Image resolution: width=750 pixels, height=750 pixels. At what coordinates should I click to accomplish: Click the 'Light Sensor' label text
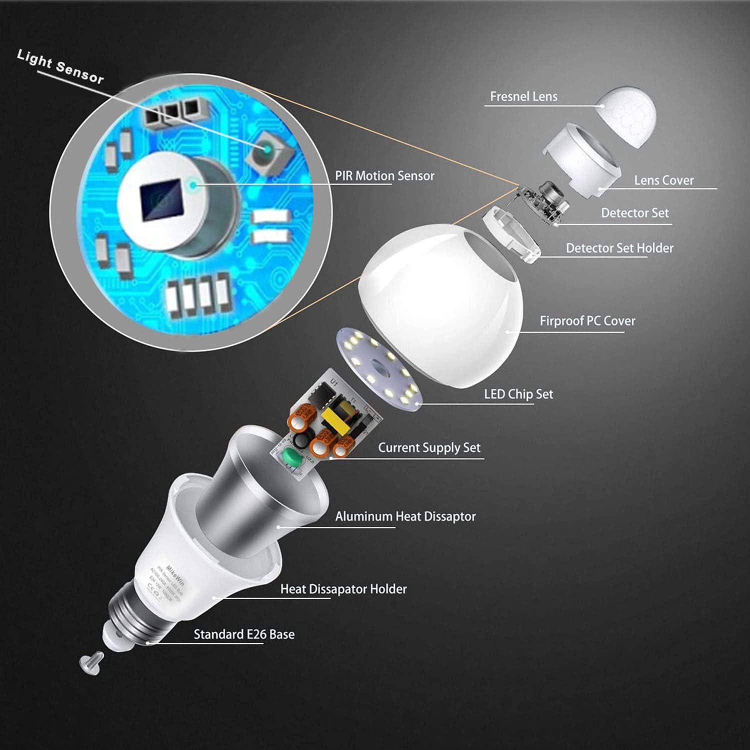coord(60,66)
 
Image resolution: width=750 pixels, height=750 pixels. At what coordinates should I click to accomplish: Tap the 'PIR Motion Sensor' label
coord(384,176)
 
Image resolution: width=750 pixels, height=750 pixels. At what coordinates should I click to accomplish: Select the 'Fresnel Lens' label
coord(523,96)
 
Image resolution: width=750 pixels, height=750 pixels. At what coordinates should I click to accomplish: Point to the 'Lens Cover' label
coord(663,180)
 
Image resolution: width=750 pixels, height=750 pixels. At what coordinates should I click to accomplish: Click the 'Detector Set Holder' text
coord(619,248)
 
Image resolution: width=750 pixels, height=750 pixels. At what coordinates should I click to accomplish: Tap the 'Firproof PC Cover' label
coord(587,321)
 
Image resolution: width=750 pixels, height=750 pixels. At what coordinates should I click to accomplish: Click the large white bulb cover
coord(440,305)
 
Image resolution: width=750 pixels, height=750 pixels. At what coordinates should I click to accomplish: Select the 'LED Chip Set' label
coord(518,394)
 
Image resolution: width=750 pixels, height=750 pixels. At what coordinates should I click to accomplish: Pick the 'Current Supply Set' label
coord(428,447)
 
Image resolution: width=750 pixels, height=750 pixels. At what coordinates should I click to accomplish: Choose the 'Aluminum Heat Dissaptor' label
coord(405,516)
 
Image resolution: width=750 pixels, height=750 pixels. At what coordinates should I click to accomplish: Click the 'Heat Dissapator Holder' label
coord(343,589)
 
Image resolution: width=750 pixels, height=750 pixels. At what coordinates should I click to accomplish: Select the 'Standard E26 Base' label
coord(243,634)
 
